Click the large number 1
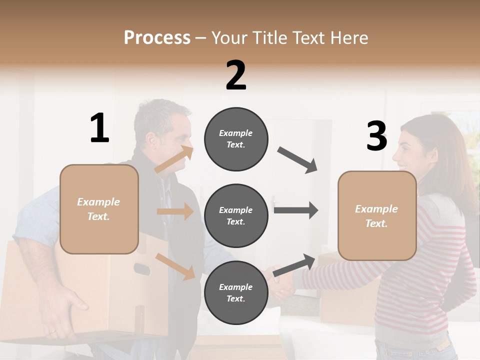[x=99, y=128]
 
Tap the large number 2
[x=236, y=76]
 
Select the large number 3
[x=376, y=136]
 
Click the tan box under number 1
[x=99, y=209]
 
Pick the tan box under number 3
[x=377, y=216]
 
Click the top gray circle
[x=236, y=139]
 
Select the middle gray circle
[x=236, y=216]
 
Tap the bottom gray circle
[x=236, y=293]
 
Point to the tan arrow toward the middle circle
[x=175, y=211]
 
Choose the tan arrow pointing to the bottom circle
[x=175, y=266]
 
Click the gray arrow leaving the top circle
[x=298, y=159]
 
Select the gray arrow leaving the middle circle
[x=296, y=210]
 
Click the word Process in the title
[x=157, y=37]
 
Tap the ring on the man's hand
[x=52, y=331]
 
